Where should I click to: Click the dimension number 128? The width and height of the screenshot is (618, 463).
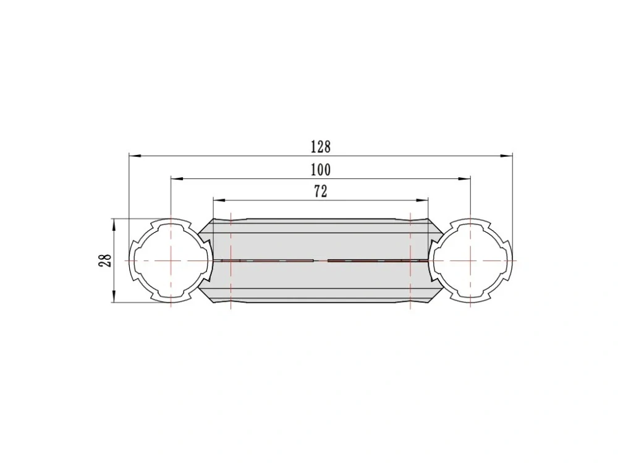click(x=321, y=147)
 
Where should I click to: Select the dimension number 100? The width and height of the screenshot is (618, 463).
click(x=321, y=170)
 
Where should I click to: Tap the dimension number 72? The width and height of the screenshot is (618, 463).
click(x=321, y=192)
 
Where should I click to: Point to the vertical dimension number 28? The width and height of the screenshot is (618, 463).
click(x=105, y=261)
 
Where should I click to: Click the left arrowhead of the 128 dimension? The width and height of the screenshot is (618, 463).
click(x=135, y=156)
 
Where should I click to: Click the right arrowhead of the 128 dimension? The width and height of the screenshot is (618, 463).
click(x=507, y=156)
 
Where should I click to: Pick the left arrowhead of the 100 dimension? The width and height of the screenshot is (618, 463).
click(x=177, y=178)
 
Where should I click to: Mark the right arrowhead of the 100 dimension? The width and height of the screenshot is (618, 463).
click(x=464, y=178)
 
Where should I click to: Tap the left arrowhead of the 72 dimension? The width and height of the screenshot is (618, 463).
click(x=219, y=201)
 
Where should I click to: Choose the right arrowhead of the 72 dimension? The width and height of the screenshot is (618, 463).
click(x=422, y=201)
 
